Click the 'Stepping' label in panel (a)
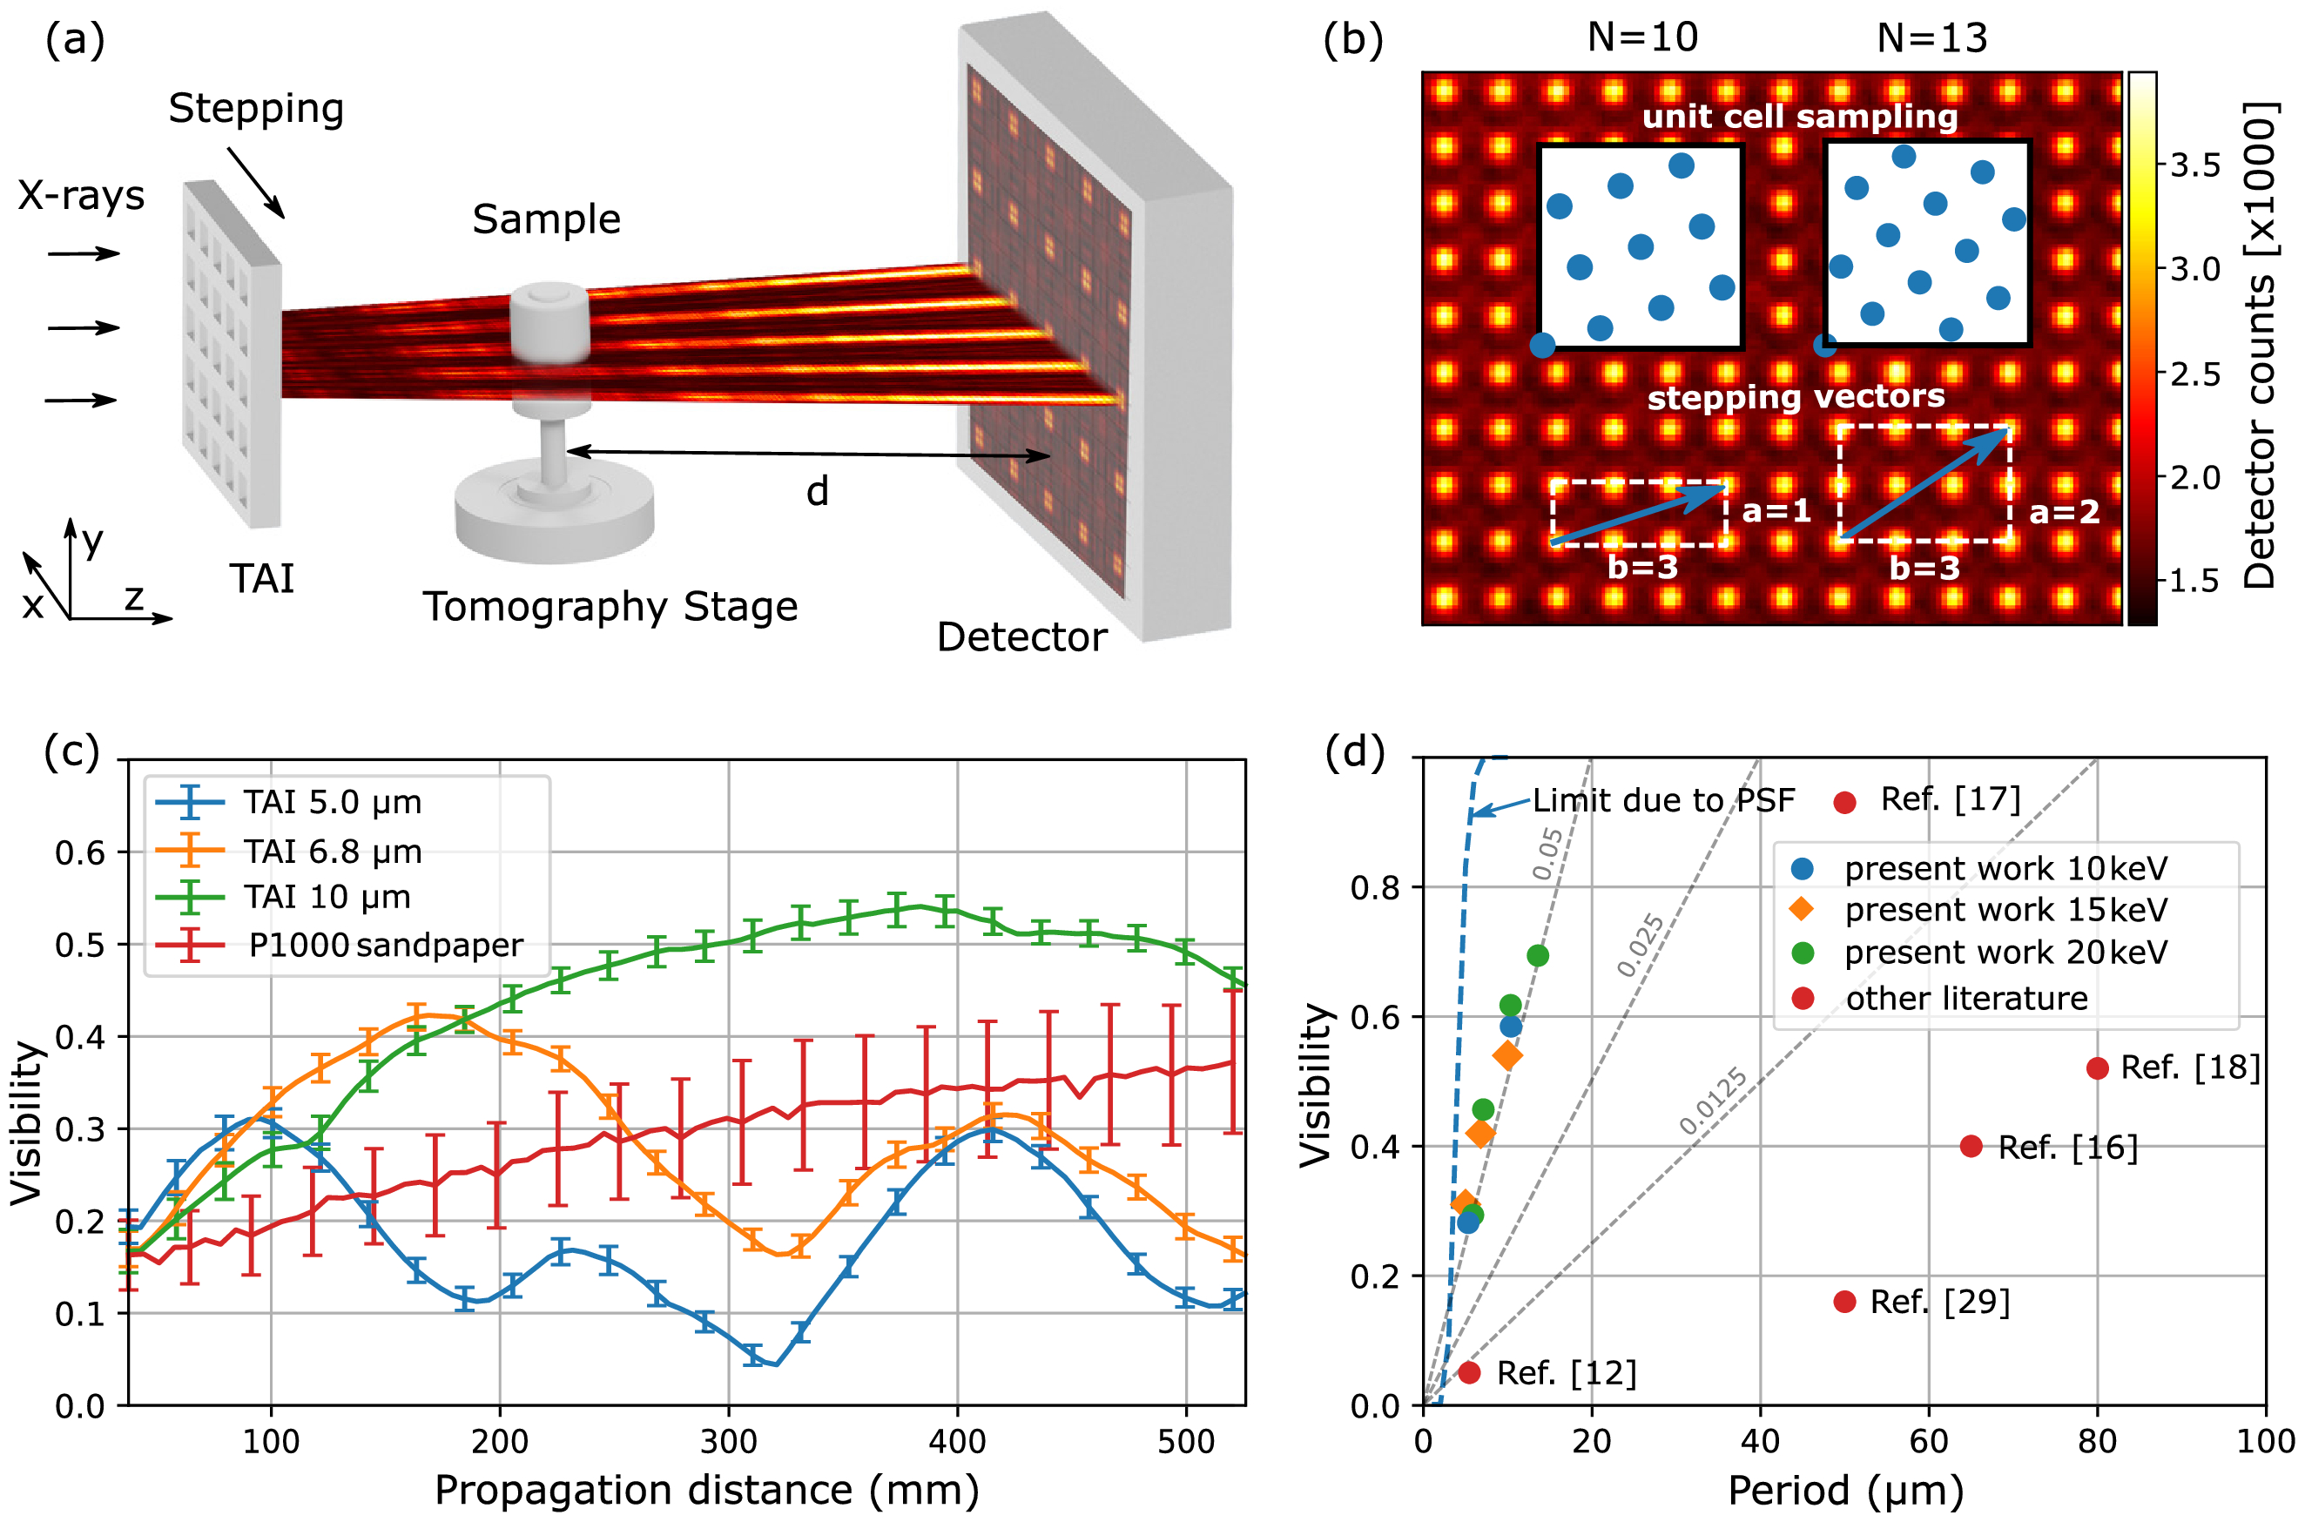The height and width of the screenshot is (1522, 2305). click(x=255, y=109)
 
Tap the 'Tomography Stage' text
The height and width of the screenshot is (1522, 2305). click(x=610, y=607)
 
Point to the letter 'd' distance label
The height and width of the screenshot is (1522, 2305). click(x=817, y=491)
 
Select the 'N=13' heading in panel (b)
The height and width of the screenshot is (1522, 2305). click(x=1931, y=37)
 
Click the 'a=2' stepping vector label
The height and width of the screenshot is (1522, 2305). click(x=2063, y=511)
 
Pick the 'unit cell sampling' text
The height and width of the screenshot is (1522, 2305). click(x=1799, y=117)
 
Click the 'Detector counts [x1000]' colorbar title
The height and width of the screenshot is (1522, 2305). click(x=2260, y=346)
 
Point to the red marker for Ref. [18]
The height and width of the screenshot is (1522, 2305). click(x=2097, y=1067)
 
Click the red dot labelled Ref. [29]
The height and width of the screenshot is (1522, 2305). click(x=1845, y=1302)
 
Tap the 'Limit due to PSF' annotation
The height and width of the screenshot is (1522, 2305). click(x=1663, y=801)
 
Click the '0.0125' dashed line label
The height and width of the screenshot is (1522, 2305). click(x=1713, y=1101)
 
